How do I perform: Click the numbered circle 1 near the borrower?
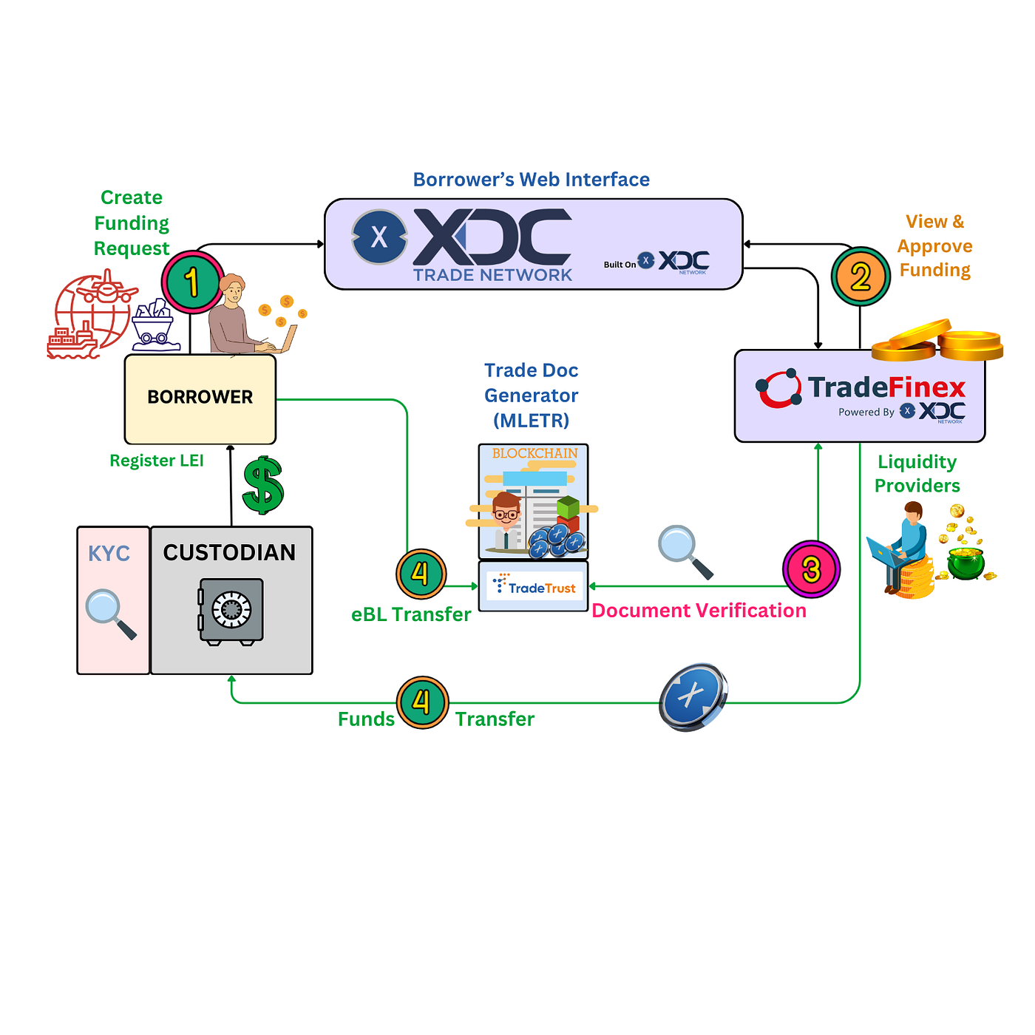pos(192,282)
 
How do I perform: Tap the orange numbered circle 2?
pos(861,277)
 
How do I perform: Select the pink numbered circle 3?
pos(811,569)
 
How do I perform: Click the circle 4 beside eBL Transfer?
pos(421,574)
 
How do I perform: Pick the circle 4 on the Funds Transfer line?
pos(422,702)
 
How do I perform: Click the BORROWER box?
pos(200,398)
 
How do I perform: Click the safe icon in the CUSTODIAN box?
pos(231,611)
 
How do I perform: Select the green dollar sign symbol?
pos(262,485)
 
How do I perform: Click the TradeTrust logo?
pos(535,587)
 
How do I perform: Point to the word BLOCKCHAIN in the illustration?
pos(535,453)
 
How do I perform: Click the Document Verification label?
pos(699,611)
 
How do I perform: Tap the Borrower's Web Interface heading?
pos(531,180)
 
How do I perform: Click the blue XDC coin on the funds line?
pos(693,696)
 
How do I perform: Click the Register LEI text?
pos(157,461)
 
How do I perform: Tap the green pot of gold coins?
pos(966,563)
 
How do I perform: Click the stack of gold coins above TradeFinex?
pos(937,341)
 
